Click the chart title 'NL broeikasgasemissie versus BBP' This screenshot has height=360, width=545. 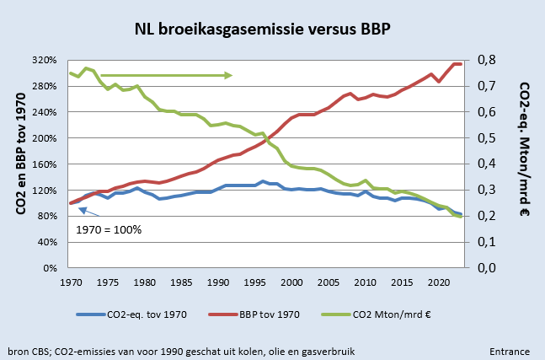coord(263,30)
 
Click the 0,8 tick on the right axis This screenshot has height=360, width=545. coord(491,61)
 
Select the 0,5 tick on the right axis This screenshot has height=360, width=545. coord(491,138)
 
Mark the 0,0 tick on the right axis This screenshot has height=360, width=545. coord(491,268)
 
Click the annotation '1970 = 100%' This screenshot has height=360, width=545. coord(109,228)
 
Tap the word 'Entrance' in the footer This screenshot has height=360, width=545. coord(509,350)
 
